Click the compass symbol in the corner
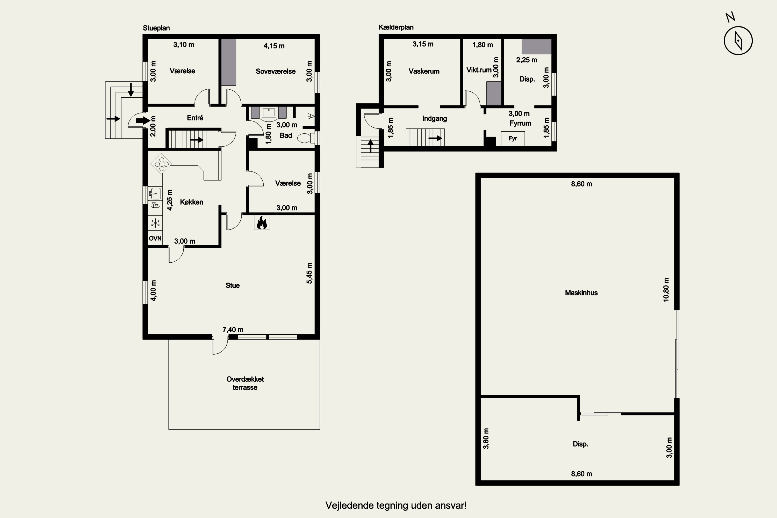point(738,41)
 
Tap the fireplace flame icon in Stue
point(262,223)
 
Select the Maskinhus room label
point(581,293)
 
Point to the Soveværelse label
point(276,71)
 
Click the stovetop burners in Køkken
point(161,163)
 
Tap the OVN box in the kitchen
point(155,238)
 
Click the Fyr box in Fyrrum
point(513,138)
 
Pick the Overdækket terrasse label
point(245,383)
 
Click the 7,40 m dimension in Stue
point(233,330)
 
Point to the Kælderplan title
point(396,27)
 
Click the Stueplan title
point(156,28)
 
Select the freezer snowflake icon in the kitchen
point(155,223)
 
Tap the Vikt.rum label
point(479,70)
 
